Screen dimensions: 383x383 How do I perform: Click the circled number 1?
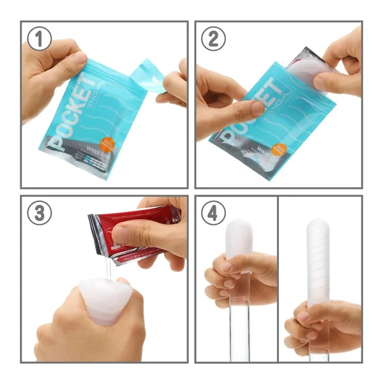[x=41, y=40]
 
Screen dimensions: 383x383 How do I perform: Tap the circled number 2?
[x=214, y=40]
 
